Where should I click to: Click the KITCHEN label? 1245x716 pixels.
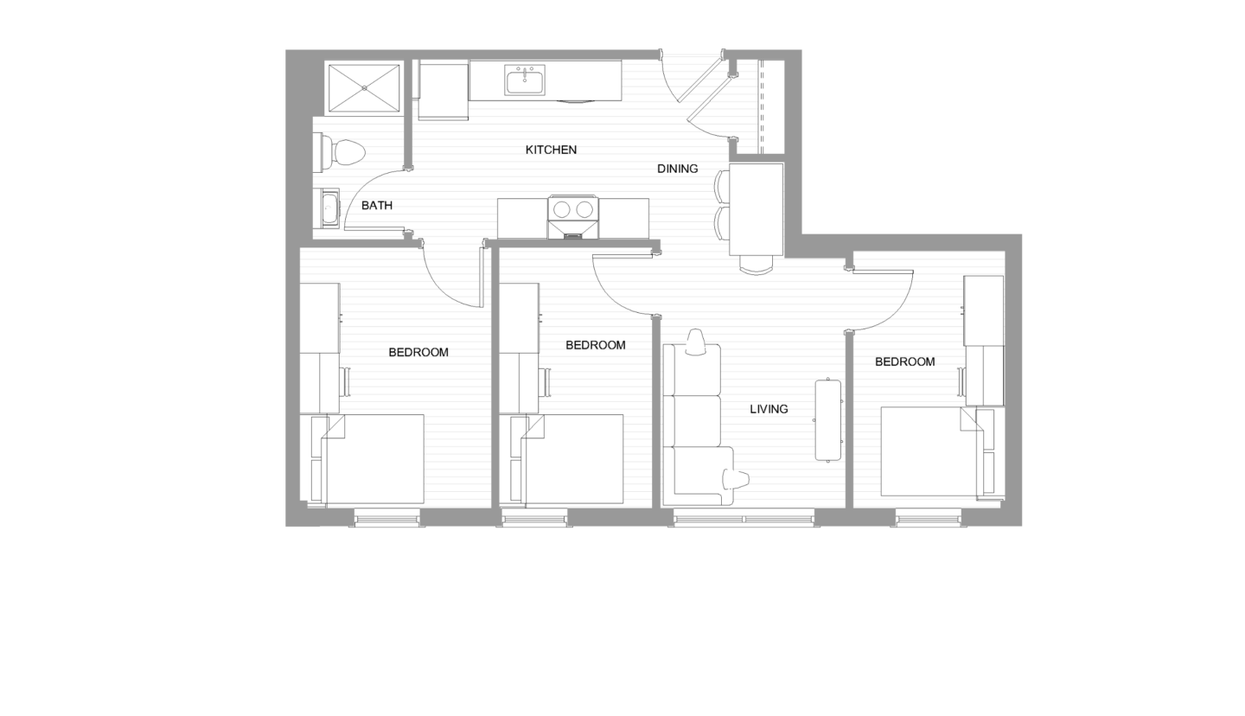(551, 150)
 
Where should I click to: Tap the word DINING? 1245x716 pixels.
(677, 169)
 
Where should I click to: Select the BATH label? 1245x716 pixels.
(376, 205)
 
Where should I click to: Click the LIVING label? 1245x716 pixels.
(768, 409)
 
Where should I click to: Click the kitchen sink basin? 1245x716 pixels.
(525, 83)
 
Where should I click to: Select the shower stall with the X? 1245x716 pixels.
(364, 86)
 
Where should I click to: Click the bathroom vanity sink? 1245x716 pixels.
(329, 208)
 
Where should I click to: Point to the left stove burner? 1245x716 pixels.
(561, 208)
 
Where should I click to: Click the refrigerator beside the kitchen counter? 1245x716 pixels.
(444, 90)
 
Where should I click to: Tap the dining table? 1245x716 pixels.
(757, 210)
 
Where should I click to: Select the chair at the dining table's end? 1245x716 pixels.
(757, 265)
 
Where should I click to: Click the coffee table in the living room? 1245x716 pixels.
(827, 420)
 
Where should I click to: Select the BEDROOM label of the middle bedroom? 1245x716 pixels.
(595, 345)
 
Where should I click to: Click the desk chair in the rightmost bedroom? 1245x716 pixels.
(961, 381)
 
